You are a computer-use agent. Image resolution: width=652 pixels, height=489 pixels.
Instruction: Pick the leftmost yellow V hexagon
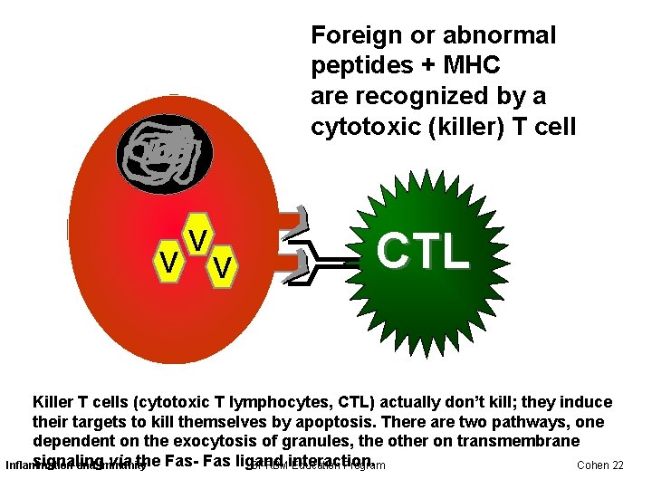(x=168, y=262)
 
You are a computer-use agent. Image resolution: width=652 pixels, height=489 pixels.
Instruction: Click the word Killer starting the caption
(x=54, y=402)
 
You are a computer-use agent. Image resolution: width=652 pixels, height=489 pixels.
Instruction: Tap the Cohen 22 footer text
(x=600, y=465)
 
